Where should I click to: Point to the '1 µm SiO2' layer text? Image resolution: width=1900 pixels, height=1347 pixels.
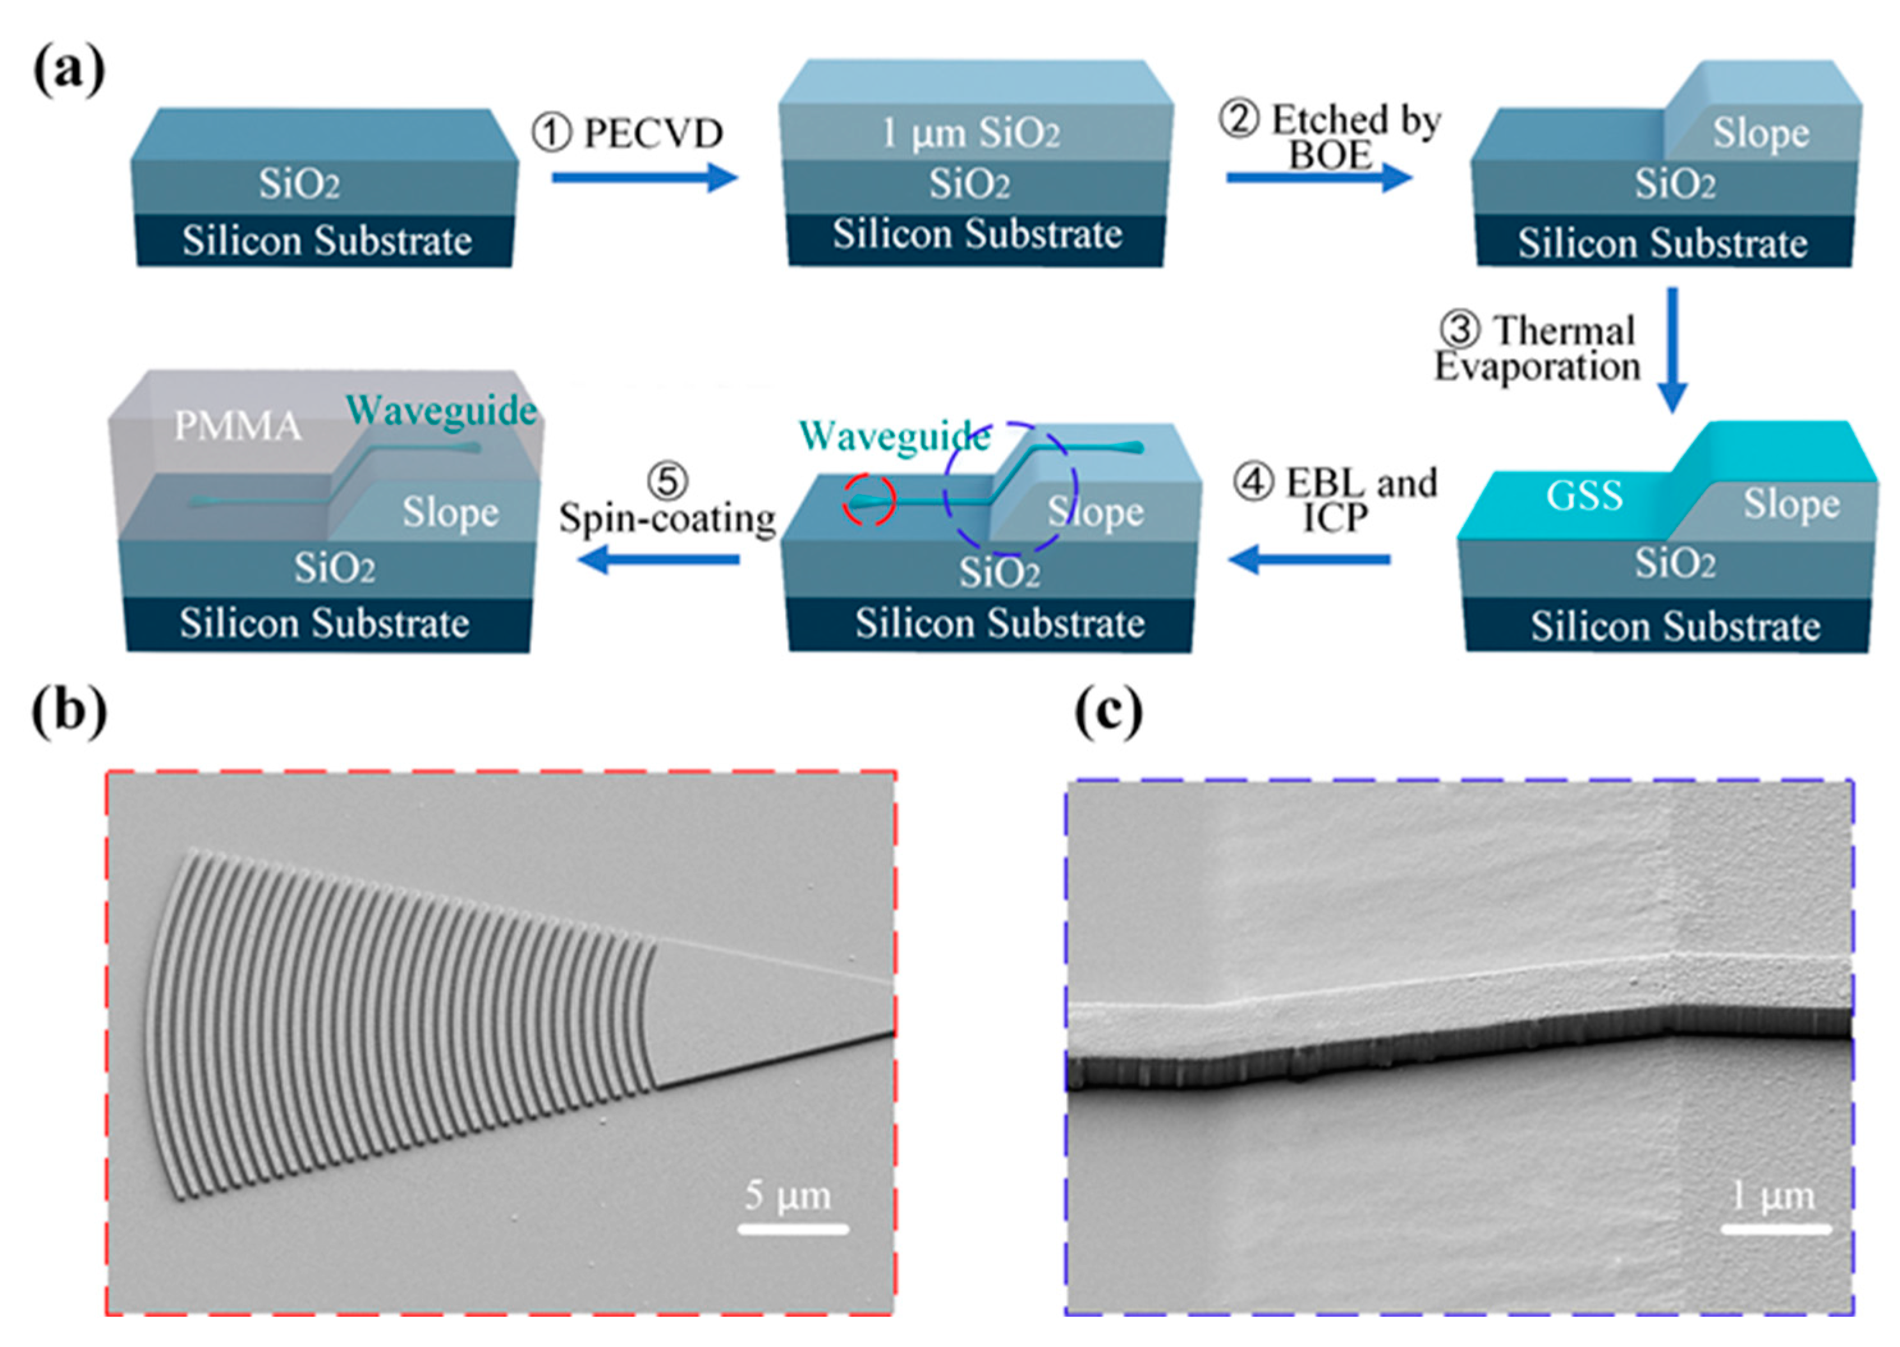(970, 132)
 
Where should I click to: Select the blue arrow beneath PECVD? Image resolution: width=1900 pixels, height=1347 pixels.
(644, 177)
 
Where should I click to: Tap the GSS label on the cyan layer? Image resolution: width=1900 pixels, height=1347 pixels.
(1584, 496)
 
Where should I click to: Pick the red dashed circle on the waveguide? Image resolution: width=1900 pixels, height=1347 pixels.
(869, 500)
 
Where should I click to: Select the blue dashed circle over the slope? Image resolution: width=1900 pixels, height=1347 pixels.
(1009, 489)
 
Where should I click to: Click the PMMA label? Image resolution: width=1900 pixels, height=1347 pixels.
(237, 427)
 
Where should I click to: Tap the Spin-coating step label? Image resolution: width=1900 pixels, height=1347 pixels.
(667, 518)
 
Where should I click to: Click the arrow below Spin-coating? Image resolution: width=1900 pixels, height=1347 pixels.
(658, 560)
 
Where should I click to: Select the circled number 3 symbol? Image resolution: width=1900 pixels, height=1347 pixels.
(1458, 329)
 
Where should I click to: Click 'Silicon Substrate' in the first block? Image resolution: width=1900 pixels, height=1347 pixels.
(327, 241)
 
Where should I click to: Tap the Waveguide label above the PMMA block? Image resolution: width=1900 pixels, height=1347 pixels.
(441, 410)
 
